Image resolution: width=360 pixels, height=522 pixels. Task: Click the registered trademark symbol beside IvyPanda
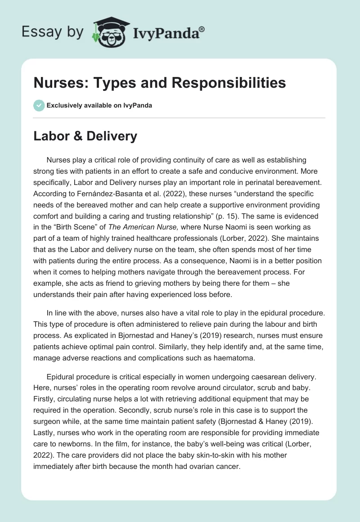pos(202,30)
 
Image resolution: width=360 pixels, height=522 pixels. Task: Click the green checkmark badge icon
pos(39,105)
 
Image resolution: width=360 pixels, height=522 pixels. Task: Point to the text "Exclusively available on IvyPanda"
pos(99,105)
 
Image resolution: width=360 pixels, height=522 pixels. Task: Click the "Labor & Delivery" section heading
pos(85,136)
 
